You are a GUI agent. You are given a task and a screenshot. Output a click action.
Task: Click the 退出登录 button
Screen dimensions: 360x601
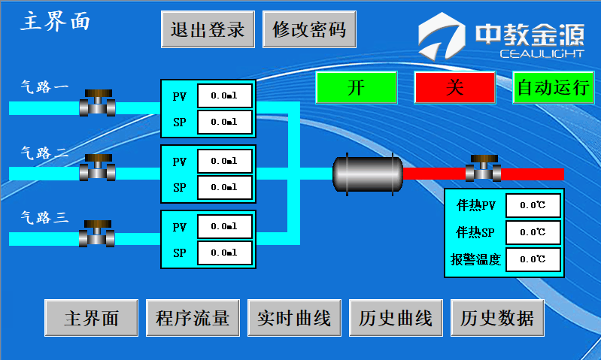pyautogui.click(x=208, y=30)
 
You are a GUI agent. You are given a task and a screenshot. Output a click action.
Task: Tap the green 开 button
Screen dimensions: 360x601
pyautogui.click(x=356, y=87)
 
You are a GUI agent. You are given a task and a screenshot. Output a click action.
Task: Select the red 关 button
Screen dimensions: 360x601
pyautogui.click(x=454, y=87)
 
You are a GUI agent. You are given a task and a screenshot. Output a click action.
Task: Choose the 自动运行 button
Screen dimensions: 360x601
pyautogui.click(x=553, y=87)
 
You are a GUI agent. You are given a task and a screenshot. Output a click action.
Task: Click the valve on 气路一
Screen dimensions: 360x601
pyautogui.click(x=97, y=103)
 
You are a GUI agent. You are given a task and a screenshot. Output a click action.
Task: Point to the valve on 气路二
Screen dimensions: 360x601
pyautogui.click(x=97, y=168)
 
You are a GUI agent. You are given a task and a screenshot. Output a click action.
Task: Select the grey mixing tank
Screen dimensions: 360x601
pyautogui.click(x=367, y=174)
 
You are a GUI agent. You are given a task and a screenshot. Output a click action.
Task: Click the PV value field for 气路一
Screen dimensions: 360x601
pyautogui.click(x=224, y=96)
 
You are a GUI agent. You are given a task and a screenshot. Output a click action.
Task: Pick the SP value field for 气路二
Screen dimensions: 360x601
pyautogui.click(x=224, y=187)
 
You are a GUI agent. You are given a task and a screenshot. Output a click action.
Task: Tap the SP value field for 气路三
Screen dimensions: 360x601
pyautogui.click(x=224, y=253)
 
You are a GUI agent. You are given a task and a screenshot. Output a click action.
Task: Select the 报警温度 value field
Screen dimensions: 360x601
pyautogui.click(x=533, y=259)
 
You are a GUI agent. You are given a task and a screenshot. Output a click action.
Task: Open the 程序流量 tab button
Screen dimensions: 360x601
pyautogui.click(x=193, y=318)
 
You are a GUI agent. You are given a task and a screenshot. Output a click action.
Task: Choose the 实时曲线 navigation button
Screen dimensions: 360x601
pyautogui.click(x=294, y=318)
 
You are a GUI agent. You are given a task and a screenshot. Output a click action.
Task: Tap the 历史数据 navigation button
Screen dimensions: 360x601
pyautogui.click(x=497, y=318)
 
